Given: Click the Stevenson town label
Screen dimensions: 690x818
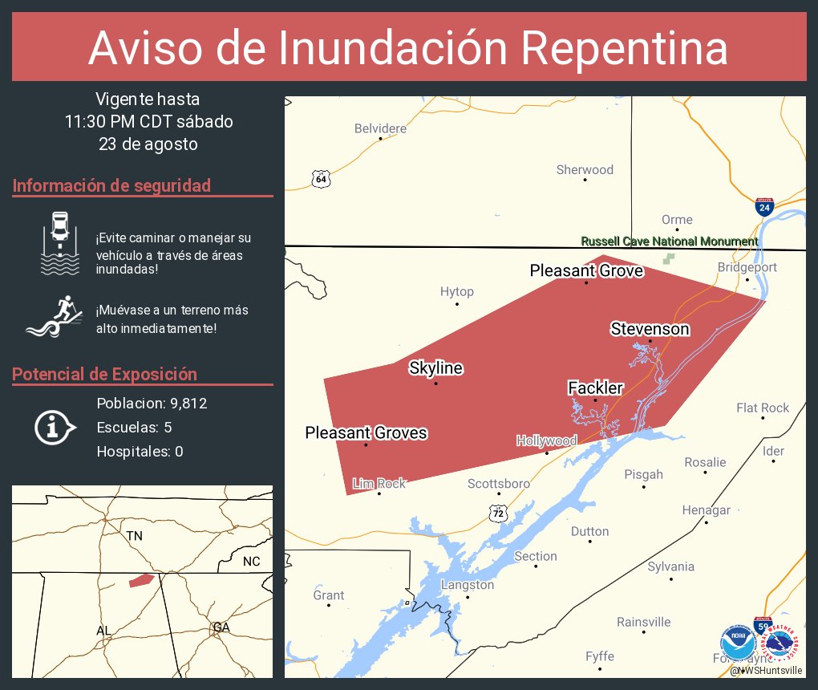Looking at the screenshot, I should click(x=650, y=329).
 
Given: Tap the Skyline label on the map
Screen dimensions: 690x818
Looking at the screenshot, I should click(x=435, y=368).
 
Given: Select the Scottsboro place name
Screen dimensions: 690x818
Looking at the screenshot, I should click(x=499, y=484).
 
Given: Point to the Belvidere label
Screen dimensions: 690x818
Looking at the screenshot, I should click(x=380, y=128).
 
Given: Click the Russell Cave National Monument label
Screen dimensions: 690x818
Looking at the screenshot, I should click(x=669, y=241).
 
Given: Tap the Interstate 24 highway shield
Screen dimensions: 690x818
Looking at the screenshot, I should click(x=764, y=208).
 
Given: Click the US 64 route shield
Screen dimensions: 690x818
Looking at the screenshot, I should click(x=321, y=178).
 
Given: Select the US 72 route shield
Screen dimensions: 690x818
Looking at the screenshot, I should click(x=499, y=512).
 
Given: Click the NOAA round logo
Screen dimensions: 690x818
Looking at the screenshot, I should click(x=737, y=642).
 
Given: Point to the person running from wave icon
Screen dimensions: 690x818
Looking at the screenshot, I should click(x=55, y=319).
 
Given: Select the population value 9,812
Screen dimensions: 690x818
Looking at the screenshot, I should click(x=189, y=404).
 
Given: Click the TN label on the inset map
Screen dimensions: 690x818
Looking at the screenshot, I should click(x=134, y=535).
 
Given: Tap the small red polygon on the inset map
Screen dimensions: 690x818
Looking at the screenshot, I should click(x=141, y=579).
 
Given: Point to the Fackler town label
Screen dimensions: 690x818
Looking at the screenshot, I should click(x=595, y=388).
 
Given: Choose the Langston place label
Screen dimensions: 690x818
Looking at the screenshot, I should click(x=468, y=585).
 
